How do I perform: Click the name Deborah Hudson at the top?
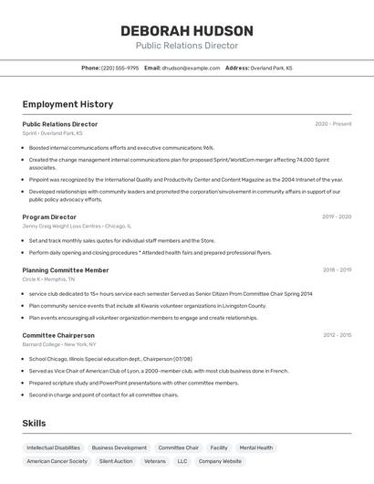187,31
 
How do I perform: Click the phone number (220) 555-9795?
120,68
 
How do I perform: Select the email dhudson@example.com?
192,68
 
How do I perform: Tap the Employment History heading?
68,104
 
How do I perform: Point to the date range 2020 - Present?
333,124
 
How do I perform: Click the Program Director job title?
49,217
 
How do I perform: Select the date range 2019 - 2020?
337,217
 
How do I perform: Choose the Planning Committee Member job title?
66,270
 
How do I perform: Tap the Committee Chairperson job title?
58,335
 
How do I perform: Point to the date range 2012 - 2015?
337,335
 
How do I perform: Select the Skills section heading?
34,423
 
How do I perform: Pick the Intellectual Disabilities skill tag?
53,447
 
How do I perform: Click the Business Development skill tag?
119,447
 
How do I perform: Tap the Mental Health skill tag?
255,447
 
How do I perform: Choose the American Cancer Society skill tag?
57,461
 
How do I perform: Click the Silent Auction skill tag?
116,461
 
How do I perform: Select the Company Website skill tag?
220,461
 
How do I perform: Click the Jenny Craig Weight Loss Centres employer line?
77,226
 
